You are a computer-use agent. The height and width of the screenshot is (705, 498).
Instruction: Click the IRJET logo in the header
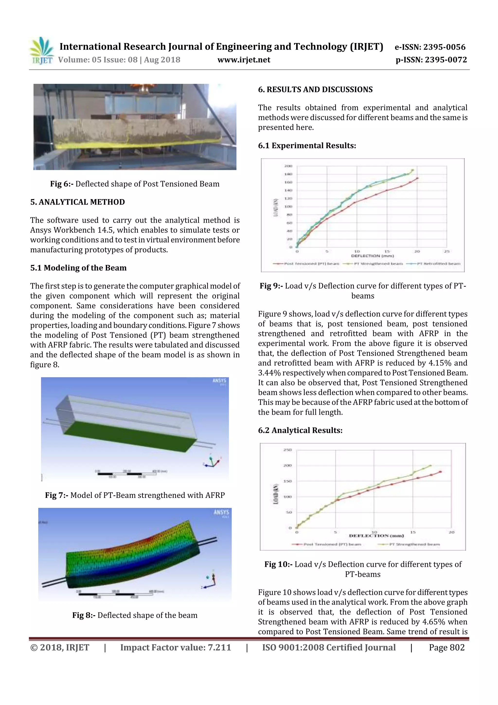point(41,51)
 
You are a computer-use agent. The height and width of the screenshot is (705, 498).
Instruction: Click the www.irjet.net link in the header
point(244,60)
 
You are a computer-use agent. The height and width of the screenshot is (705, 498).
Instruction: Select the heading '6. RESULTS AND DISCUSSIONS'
point(315,90)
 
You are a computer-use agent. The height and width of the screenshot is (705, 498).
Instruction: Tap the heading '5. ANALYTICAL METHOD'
point(77,202)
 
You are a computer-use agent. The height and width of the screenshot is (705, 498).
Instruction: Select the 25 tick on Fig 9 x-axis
point(446,251)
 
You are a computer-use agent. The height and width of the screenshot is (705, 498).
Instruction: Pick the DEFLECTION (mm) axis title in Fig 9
point(372,256)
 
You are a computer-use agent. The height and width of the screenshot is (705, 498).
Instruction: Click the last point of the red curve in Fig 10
point(440,472)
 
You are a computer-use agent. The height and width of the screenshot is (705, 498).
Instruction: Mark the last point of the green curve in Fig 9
point(412,170)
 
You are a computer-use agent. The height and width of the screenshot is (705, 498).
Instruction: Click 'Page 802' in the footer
point(446,647)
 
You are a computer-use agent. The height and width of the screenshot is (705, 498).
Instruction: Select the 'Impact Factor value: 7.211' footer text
point(176,647)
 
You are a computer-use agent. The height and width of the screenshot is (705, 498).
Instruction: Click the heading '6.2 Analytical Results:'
point(300,430)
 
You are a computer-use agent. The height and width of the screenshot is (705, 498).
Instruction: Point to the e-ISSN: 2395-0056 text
point(430,47)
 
